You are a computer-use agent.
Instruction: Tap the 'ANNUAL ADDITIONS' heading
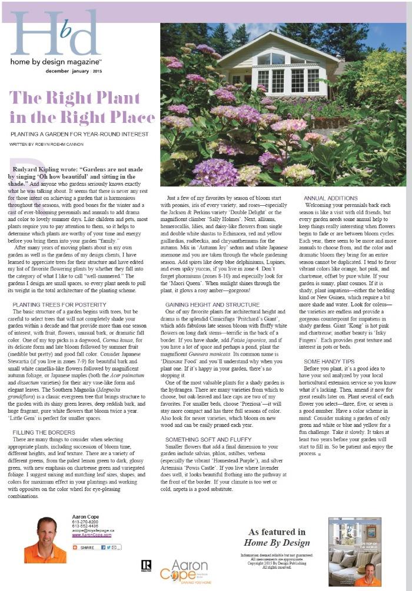point(330,198)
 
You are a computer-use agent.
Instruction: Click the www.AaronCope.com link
point(91,535)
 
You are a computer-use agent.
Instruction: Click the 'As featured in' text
point(277,531)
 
